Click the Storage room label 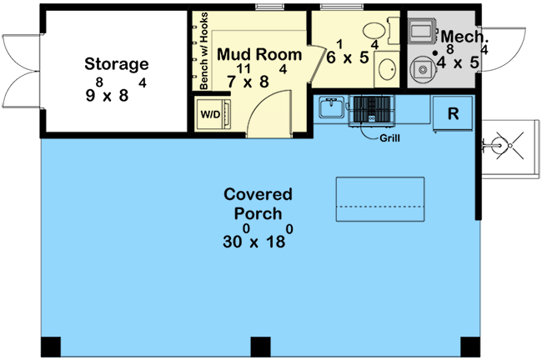coord(117,63)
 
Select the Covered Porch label coord(258,204)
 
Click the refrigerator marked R coord(452,114)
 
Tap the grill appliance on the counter coord(372,108)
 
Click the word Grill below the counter coord(389,137)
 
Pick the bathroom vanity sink coord(387,68)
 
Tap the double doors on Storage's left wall coord(20,63)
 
